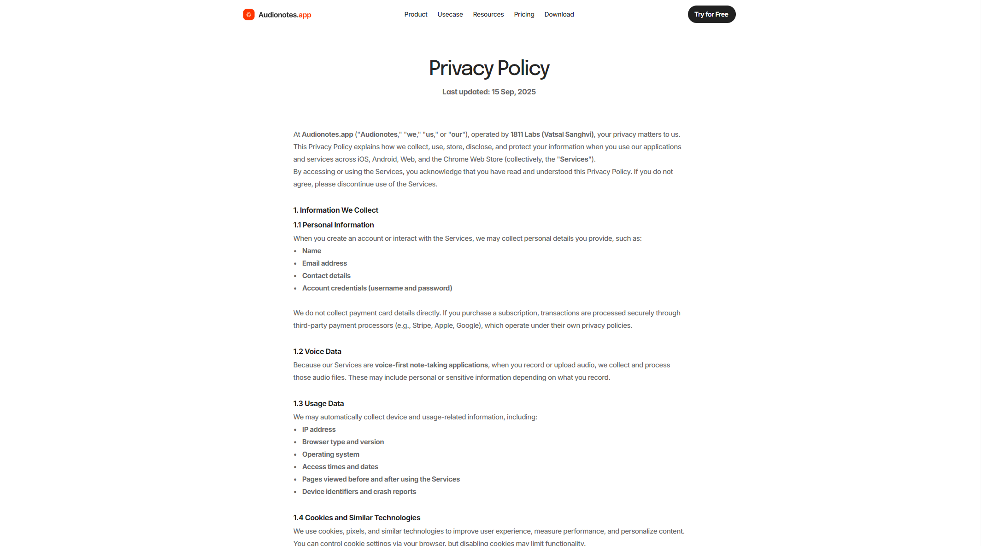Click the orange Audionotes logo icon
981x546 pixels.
(x=249, y=15)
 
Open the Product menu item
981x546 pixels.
(x=416, y=14)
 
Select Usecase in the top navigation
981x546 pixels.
(x=450, y=14)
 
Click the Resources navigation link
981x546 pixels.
(x=488, y=14)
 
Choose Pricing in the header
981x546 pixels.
(x=524, y=14)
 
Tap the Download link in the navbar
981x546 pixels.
(x=559, y=14)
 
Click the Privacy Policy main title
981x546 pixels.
(x=489, y=68)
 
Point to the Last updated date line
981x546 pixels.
(x=489, y=92)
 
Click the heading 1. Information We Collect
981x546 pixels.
(x=335, y=210)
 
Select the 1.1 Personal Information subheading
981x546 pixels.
(x=333, y=225)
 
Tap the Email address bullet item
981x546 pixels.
(x=324, y=263)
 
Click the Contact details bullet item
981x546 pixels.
(x=326, y=276)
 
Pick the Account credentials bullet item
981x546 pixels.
(x=377, y=288)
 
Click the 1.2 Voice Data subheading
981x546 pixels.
(x=317, y=351)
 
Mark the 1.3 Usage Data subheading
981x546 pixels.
(x=318, y=403)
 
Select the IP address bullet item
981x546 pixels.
(x=319, y=430)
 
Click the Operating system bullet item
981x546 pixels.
(x=330, y=454)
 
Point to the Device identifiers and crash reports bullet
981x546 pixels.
(x=359, y=492)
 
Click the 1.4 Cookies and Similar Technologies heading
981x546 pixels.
(x=357, y=517)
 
